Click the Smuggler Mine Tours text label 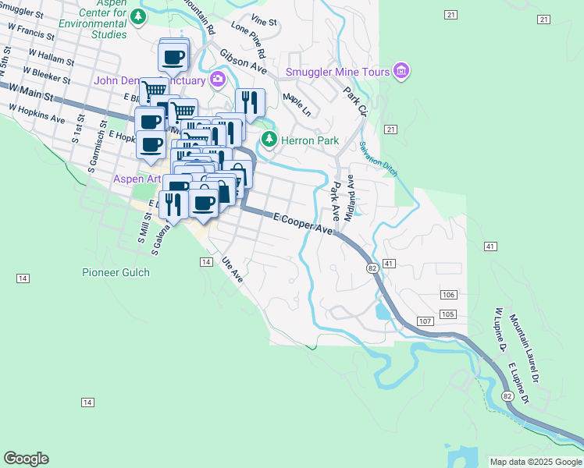(337, 73)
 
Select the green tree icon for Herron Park (269, 140)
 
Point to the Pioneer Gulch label (116, 272)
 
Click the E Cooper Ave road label (302, 223)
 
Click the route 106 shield (447, 294)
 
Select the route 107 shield (425, 321)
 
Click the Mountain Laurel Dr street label (525, 339)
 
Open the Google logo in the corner (26, 459)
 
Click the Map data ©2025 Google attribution (535, 462)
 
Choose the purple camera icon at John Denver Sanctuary (217, 79)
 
